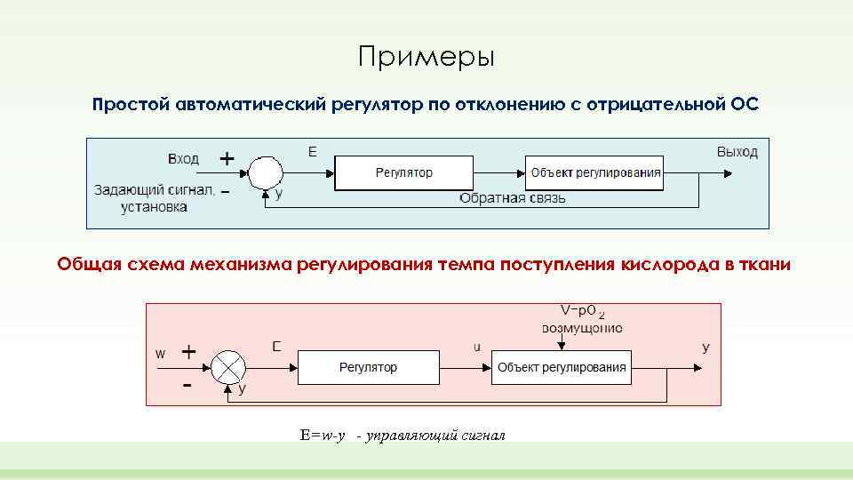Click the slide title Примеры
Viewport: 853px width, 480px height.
pos(426,58)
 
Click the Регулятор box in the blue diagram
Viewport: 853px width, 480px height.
pos(403,172)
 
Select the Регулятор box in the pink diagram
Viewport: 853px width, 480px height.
pos(368,367)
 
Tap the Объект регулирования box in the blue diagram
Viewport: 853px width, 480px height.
pos(595,172)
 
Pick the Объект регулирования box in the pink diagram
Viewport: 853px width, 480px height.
pos(562,367)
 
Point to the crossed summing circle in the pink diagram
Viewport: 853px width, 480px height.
pos(228,366)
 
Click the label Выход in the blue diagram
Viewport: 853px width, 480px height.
pos(737,152)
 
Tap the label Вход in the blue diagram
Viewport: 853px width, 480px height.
pos(183,159)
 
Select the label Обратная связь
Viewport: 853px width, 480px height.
pos(512,198)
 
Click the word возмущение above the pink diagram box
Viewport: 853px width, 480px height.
pos(582,327)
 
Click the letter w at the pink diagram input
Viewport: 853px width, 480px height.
pos(161,353)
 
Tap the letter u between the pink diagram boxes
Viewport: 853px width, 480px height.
pos(476,348)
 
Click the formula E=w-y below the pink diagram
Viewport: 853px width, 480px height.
pos(322,436)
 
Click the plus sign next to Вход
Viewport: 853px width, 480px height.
pos(227,158)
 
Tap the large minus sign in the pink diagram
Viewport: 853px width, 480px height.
pos(187,386)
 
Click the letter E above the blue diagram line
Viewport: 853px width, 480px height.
pos(312,152)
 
